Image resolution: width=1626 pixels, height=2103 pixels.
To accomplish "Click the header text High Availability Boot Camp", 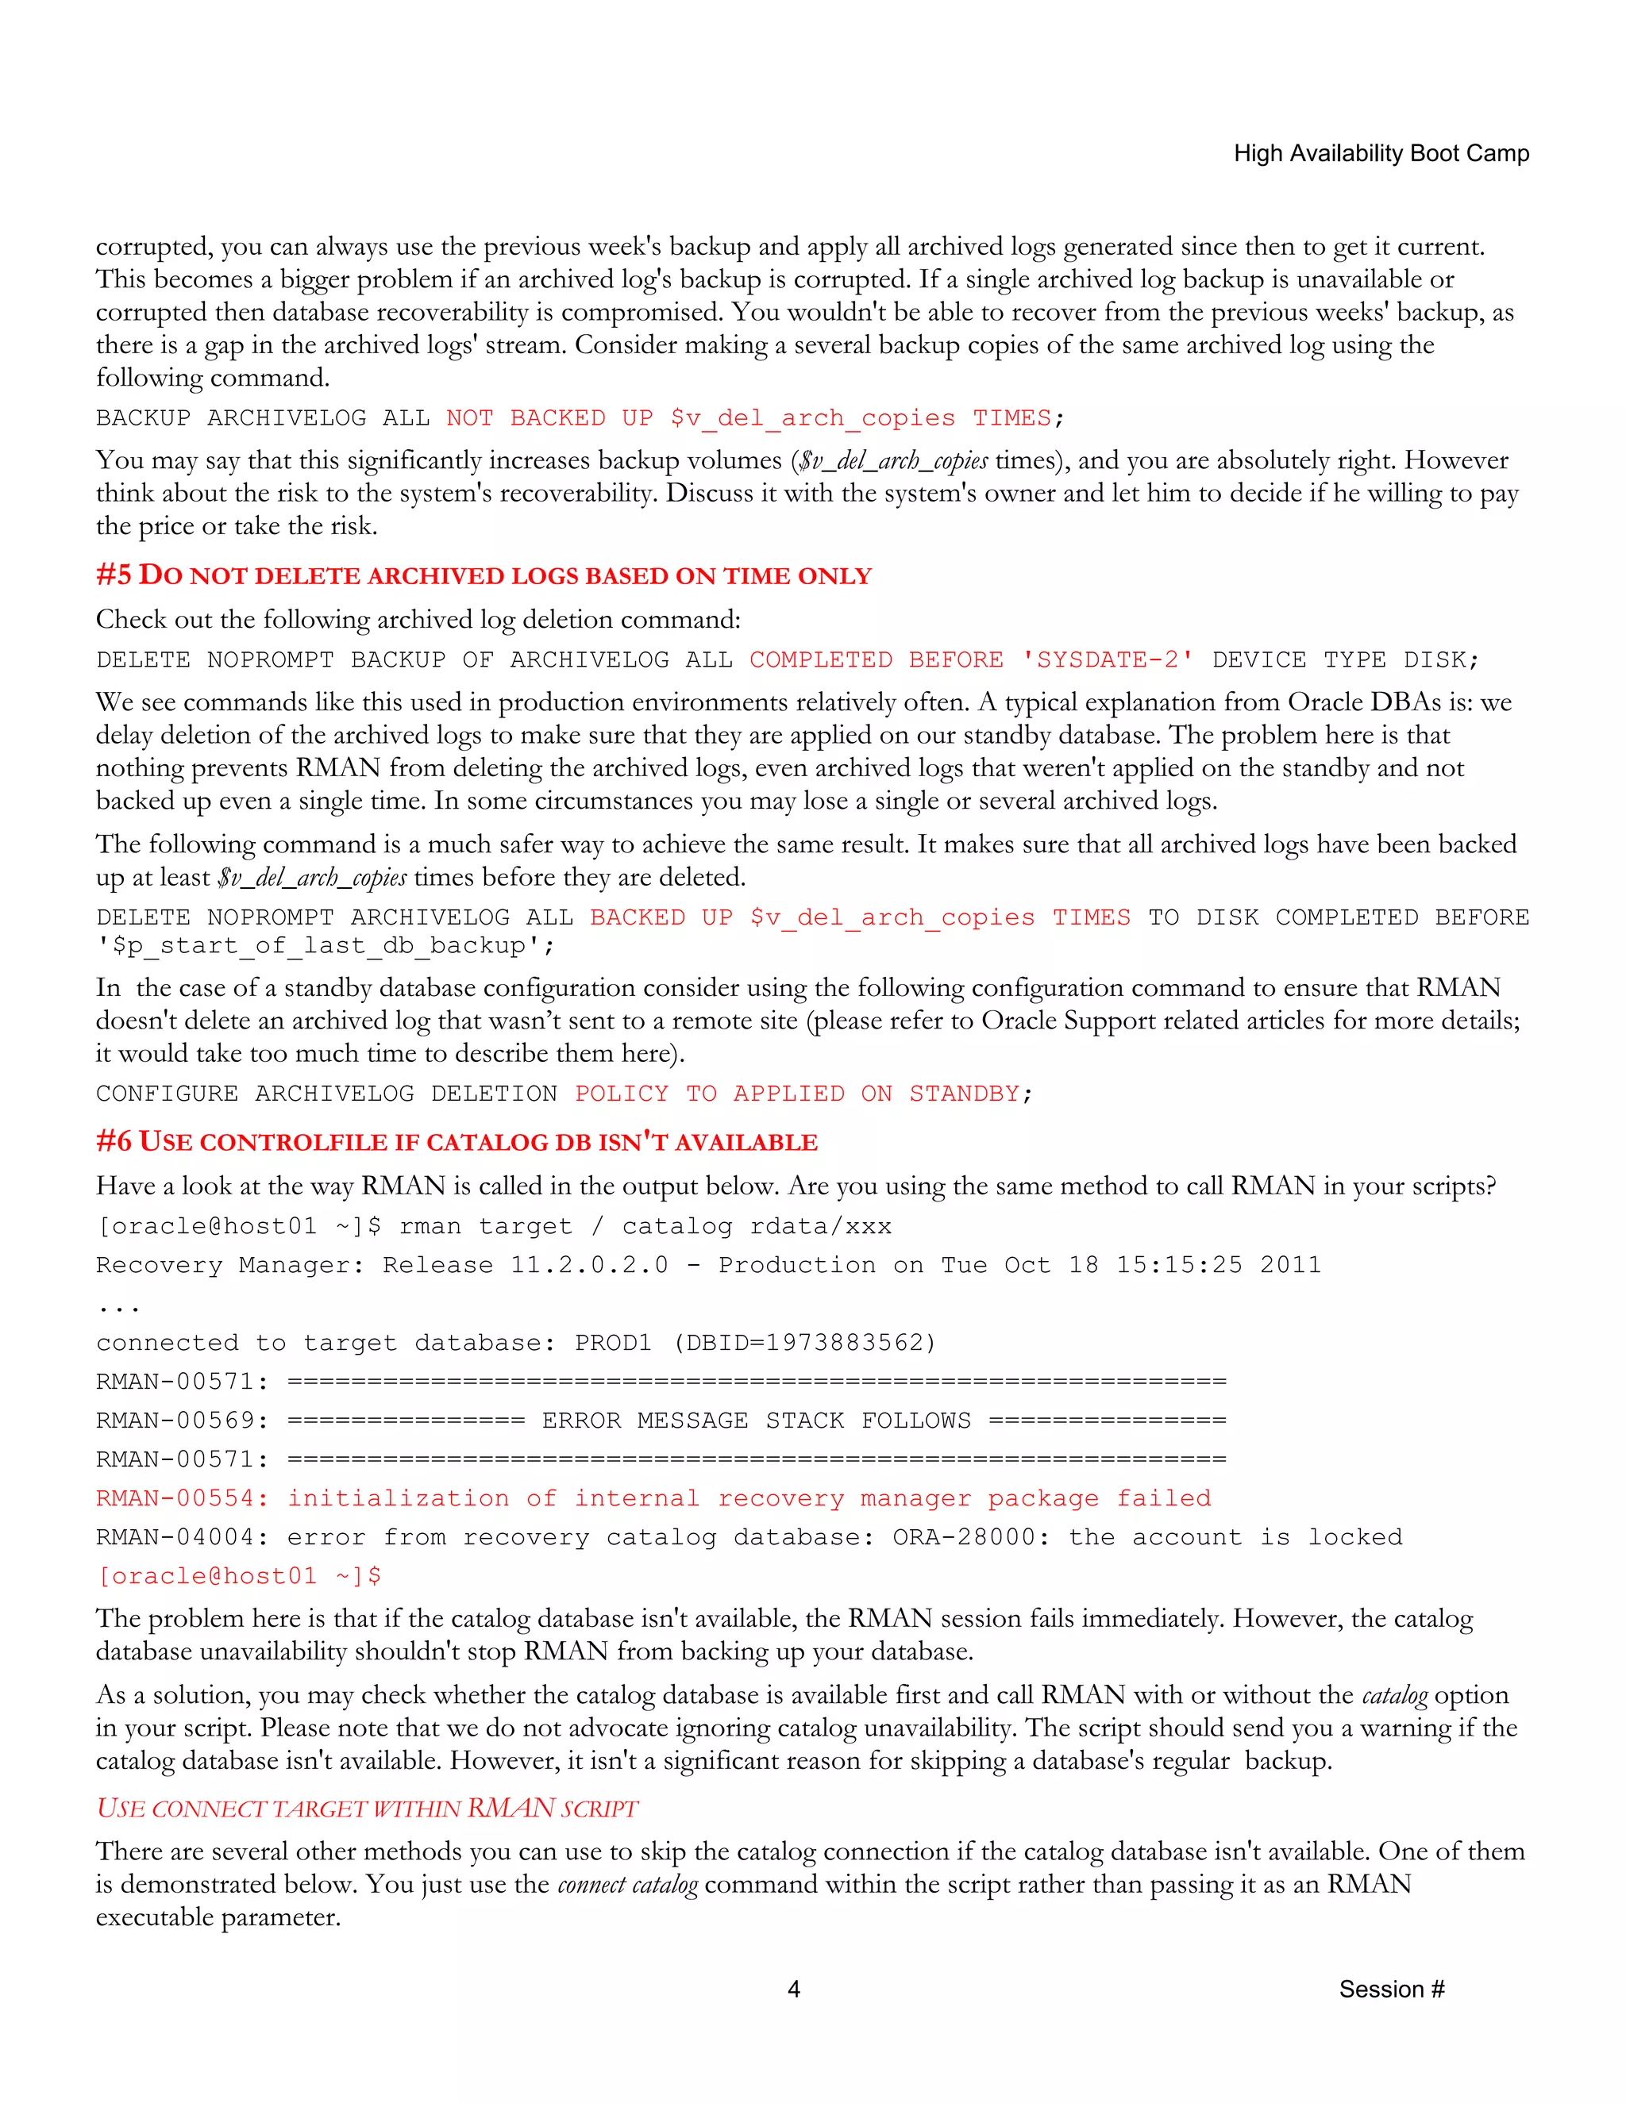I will (1381, 154).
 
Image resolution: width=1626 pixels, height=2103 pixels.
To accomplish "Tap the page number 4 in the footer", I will (794, 1989).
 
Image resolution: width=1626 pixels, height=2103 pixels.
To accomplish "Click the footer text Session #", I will (1391, 1989).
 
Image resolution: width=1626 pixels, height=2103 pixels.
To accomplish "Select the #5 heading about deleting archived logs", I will (484, 576).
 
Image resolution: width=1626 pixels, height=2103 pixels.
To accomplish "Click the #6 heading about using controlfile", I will (457, 1142).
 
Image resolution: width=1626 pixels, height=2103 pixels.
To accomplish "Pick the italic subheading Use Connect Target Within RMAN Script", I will (367, 1809).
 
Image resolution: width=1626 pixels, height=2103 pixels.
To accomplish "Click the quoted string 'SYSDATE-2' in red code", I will (1108, 659).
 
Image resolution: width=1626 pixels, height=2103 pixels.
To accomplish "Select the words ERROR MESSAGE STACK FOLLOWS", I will (756, 1421).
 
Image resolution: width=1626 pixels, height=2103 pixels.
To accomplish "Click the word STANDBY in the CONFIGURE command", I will (964, 1094).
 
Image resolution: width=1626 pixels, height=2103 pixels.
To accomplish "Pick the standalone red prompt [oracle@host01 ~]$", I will (239, 1576).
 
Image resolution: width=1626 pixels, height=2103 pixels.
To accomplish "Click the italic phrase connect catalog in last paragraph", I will (627, 1885).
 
